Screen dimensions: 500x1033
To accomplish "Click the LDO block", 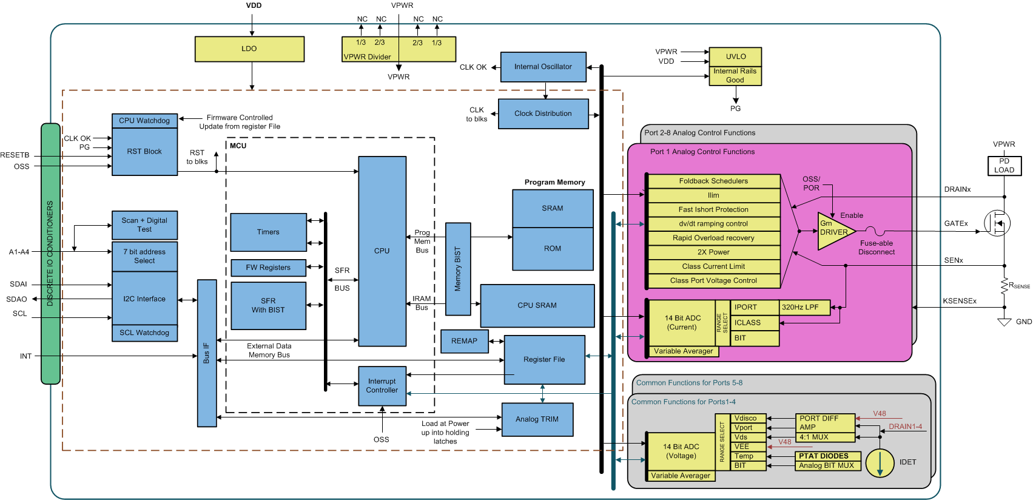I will [x=249, y=49].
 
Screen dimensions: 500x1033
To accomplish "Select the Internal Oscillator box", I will [x=543, y=67].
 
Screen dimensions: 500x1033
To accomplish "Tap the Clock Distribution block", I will [x=543, y=113].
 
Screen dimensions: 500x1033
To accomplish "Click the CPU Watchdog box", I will [x=144, y=121].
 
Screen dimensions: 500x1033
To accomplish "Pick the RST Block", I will [x=144, y=152].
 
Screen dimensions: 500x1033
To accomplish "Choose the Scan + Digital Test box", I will [x=144, y=225].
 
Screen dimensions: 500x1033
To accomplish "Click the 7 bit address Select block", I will [x=144, y=257].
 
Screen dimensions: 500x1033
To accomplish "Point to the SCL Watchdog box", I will [x=144, y=333].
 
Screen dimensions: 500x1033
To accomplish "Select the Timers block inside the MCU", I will [x=268, y=232].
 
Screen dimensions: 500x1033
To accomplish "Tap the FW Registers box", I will [x=268, y=268].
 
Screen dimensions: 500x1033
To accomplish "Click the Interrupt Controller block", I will [x=382, y=386].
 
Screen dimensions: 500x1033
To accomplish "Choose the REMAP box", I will [x=464, y=341].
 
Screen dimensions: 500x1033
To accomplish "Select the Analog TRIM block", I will [x=537, y=419].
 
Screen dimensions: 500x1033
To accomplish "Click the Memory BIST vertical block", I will [x=458, y=269].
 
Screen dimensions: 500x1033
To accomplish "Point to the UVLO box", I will [x=735, y=56].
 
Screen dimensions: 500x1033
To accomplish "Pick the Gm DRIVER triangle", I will [x=834, y=231].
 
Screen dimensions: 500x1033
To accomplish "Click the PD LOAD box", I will [x=1004, y=166].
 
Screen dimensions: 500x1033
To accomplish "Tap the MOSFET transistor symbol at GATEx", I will [x=997, y=224].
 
